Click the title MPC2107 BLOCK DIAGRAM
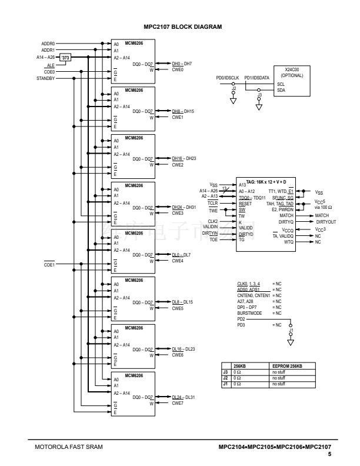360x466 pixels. coord(179,26)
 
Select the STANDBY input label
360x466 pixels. coord(45,78)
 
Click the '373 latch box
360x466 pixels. coord(66,58)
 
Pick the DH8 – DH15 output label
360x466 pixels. coord(182,111)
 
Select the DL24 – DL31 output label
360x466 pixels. coord(182,397)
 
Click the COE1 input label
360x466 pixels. coord(49,264)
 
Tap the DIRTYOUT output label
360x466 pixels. coord(326,222)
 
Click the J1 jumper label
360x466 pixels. coord(291,331)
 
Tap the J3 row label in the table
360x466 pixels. coord(225,371)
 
